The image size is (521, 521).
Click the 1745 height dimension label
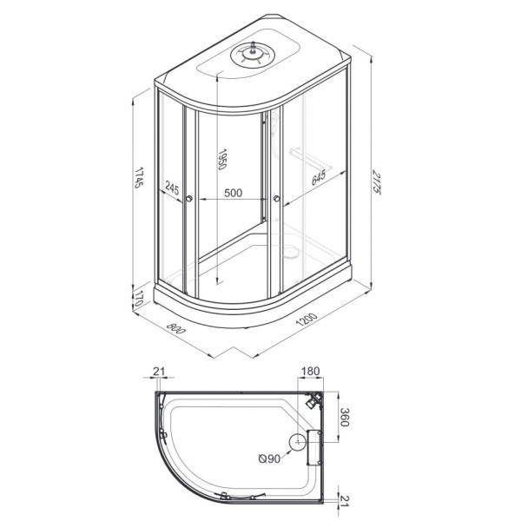click(139, 177)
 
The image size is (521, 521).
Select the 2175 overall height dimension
click(376, 182)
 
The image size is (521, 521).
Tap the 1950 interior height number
click(222, 159)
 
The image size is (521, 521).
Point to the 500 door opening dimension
click(233, 193)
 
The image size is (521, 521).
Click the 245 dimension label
click(172, 189)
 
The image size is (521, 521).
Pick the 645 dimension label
click(319, 177)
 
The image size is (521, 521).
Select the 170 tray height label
click(139, 299)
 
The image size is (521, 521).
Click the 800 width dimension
click(175, 328)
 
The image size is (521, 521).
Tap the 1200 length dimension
click(307, 320)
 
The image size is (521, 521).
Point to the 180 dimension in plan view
click(310, 371)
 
